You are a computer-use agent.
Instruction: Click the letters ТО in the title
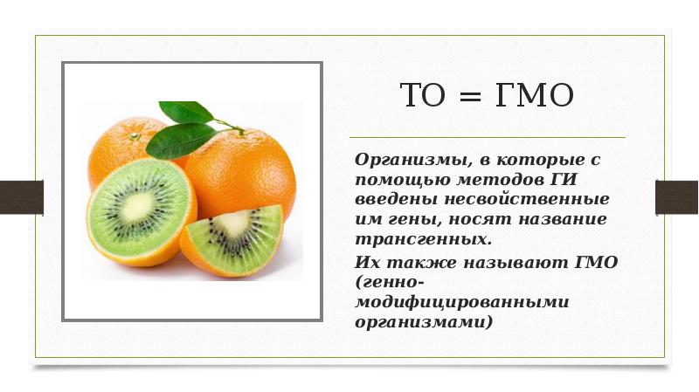click(423, 96)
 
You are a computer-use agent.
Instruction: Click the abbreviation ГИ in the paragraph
click(570, 180)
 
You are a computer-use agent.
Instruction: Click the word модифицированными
click(461, 302)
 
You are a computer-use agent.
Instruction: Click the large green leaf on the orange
click(179, 140)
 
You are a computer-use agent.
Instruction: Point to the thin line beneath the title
click(488, 138)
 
